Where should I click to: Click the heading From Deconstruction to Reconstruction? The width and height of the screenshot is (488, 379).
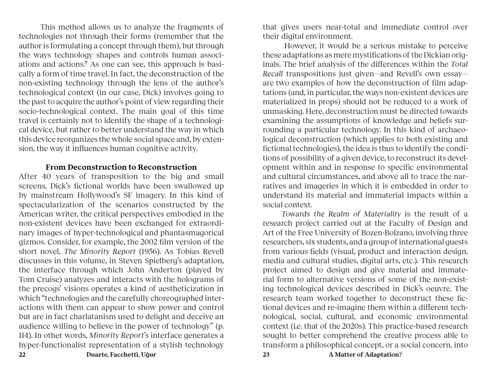pyautogui.click(x=121, y=167)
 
